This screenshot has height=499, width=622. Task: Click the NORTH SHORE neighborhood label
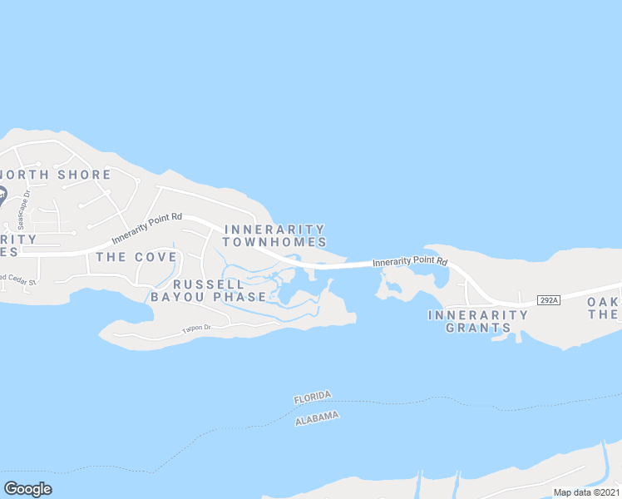click(x=56, y=175)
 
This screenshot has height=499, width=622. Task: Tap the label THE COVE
click(x=136, y=257)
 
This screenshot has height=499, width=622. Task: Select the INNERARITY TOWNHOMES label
click(x=274, y=235)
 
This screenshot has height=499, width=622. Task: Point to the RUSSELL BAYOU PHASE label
click(x=209, y=290)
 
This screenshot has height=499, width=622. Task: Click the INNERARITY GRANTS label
click(x=478, y=321)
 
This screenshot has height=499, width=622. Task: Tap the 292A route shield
click(x=547, y=299)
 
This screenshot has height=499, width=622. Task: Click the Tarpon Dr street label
click(x=197, y=330)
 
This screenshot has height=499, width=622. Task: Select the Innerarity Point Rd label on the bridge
click(x=410, y=262)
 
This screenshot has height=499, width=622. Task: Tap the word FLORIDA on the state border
click(x=313, y=398)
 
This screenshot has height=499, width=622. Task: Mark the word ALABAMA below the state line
click(x=317, y=418)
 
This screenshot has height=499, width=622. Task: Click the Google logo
click(x=28, y=489)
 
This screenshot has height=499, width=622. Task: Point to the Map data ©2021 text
click(x=586, y=492)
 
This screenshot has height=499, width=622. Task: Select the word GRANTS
click(x=478, y=328)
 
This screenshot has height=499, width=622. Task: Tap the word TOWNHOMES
click(x=274, y=242)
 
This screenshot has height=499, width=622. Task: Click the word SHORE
click(x=82, y=175)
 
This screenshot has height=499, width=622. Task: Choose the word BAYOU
click(x=176, y=297)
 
